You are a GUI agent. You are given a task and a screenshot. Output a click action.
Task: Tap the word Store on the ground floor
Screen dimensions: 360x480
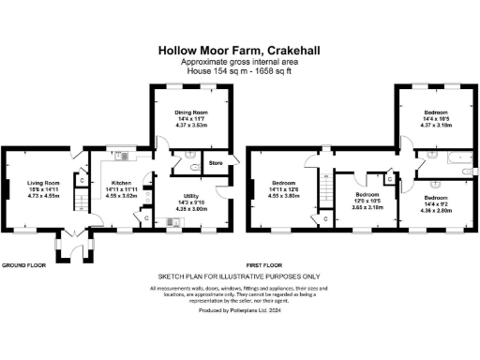[215, 164]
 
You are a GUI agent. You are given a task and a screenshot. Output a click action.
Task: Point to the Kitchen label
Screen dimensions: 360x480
[122, 183]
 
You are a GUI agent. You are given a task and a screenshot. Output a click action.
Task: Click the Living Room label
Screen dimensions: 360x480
[43, 183]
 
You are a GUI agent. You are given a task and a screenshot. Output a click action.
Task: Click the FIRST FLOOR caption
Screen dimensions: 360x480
[265, 265]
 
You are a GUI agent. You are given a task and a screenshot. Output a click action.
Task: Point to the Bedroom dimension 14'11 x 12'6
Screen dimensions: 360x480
[284, 189]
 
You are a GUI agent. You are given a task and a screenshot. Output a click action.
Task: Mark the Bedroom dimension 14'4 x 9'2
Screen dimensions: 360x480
[433, 205]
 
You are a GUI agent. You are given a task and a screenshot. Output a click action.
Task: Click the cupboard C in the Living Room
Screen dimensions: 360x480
[82, 178]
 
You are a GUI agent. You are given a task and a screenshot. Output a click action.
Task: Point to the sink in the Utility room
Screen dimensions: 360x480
[172, 222]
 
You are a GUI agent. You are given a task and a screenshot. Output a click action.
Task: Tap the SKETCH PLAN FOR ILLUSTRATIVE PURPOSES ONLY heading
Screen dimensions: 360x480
[239, 277]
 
